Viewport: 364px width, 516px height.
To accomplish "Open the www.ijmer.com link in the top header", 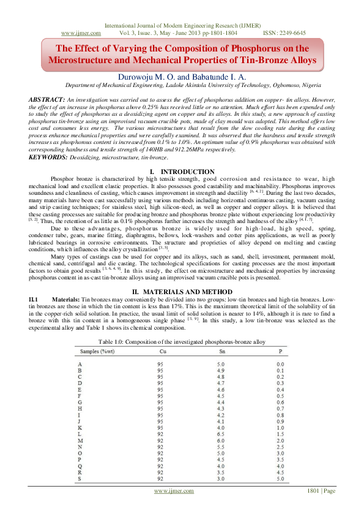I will pyautogui.click(x=76, y=32).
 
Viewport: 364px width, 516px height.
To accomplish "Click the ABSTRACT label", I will pyautogui.click(x=47, y=99).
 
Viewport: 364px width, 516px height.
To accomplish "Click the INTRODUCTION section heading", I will pyautogui.click(x=187, y=154).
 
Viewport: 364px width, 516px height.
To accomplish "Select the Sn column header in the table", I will pyautogui.click(x=221, y=351).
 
